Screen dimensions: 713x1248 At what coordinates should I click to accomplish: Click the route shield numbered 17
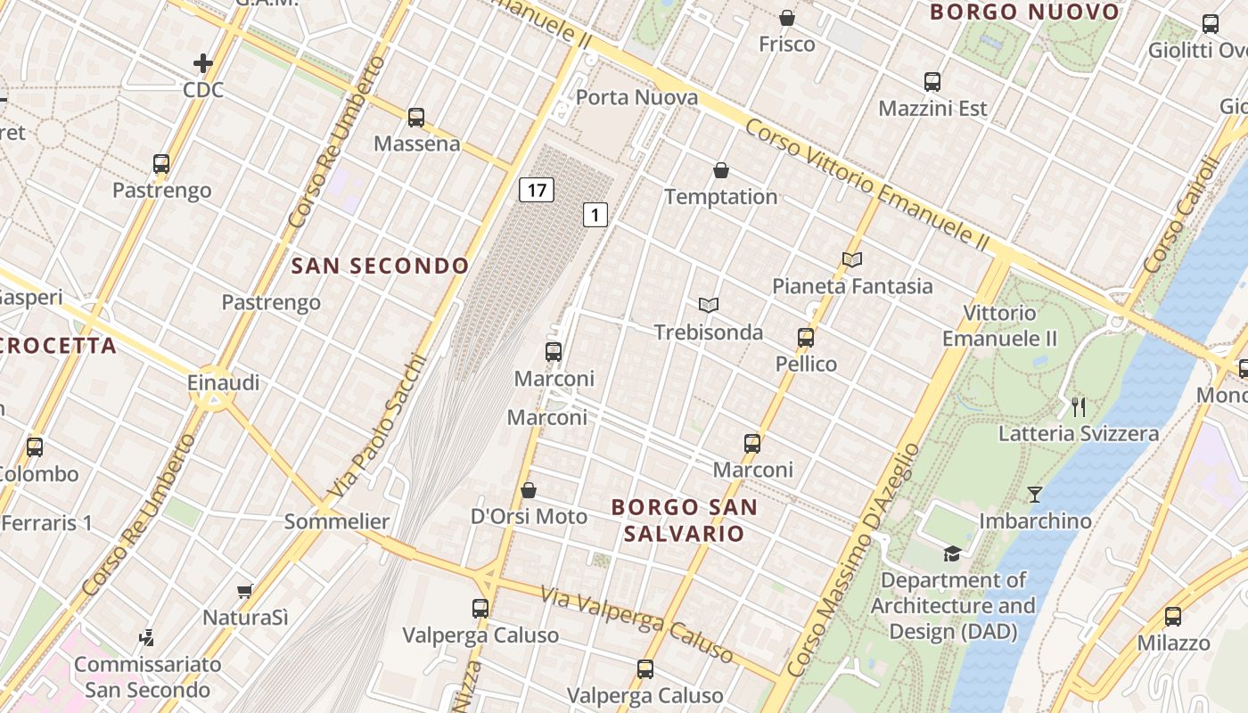click(x=536, y=190)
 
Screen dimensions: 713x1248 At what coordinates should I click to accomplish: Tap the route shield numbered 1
click(x=595, y=214)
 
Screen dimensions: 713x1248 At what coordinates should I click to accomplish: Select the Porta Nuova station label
click(x=636, y=97)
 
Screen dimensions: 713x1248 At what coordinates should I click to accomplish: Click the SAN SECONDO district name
click(x=380, y=266)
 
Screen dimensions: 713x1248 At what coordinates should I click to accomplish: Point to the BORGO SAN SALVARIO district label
click(x=684, y=520)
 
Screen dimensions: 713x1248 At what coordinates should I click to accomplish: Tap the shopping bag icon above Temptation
click(x=721, y=170)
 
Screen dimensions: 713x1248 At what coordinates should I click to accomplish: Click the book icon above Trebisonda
click(x=709, y=306)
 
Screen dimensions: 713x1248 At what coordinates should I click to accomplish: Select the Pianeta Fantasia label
click(x=852, y=286)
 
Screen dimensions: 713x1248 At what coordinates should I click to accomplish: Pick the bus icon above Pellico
click(x=806, y=338)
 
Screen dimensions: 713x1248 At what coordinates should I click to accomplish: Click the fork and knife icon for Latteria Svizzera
click(x=1079, y=407)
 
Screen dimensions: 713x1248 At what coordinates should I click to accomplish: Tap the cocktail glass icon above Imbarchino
click(x=1034, y=494)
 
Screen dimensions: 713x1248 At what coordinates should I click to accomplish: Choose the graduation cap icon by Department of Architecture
click(x=952, y=553)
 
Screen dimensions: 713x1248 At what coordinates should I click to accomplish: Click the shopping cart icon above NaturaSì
click(x=245, y=591)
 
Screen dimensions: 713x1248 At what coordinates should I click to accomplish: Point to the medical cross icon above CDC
click(x=203, y=63)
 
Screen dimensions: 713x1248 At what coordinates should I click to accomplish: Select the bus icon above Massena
click(x=416, y=118)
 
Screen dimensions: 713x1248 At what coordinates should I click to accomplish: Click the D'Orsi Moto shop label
click(x=529, y=517)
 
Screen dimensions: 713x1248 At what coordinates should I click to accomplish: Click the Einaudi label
click(x=223, y=382)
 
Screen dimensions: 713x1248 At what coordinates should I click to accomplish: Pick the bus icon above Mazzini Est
click(x=932, y=82)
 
